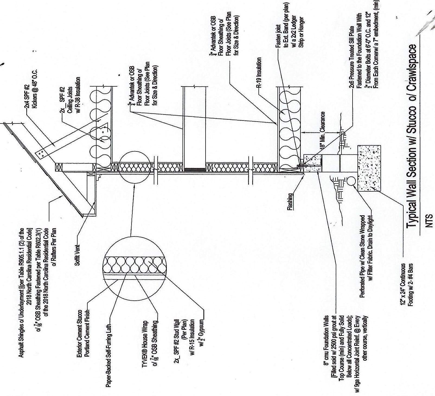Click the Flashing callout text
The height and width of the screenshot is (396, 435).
290,202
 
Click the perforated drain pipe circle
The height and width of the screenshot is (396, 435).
350,181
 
